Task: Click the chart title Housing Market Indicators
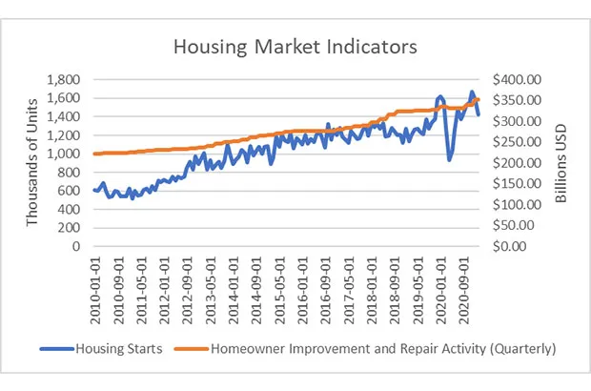295,46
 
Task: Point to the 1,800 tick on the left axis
68,79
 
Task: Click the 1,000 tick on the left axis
68,154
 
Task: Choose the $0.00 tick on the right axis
520,246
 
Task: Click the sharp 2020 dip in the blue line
450,158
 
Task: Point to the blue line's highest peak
471,93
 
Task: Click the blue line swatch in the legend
54,350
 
